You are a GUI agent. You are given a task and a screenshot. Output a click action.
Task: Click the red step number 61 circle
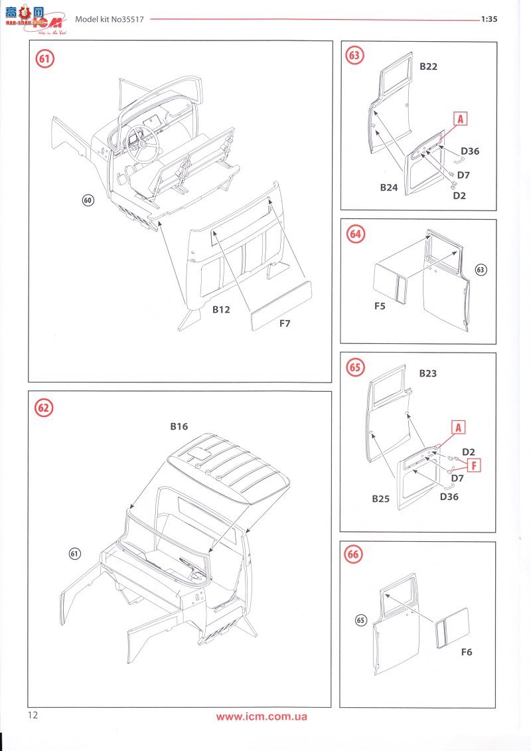tap(44, 58)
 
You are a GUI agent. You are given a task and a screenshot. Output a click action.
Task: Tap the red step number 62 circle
tap(44, 408)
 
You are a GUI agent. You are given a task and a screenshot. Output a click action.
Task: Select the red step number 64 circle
tap(356, 234)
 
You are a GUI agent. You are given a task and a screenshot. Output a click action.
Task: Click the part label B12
tap(221, 309)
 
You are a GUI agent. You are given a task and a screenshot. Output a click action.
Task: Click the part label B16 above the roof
tap(179, 426)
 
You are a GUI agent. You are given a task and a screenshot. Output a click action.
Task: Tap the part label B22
tap(428, 66)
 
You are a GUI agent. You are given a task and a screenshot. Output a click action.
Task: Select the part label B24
tap(389, 187)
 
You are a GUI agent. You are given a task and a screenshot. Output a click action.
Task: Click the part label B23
tap(427, 373)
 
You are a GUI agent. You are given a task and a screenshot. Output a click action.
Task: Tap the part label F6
tap(466, 652)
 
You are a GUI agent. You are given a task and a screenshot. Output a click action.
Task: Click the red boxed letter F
tap(473, 465)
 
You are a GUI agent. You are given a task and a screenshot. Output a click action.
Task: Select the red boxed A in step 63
tap(461, 118)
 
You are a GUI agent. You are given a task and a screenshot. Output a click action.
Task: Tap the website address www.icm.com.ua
tap(262, 716)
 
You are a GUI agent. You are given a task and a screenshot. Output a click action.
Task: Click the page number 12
tap(34, 715)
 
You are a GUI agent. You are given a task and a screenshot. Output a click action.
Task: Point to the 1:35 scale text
tap(489, 19)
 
